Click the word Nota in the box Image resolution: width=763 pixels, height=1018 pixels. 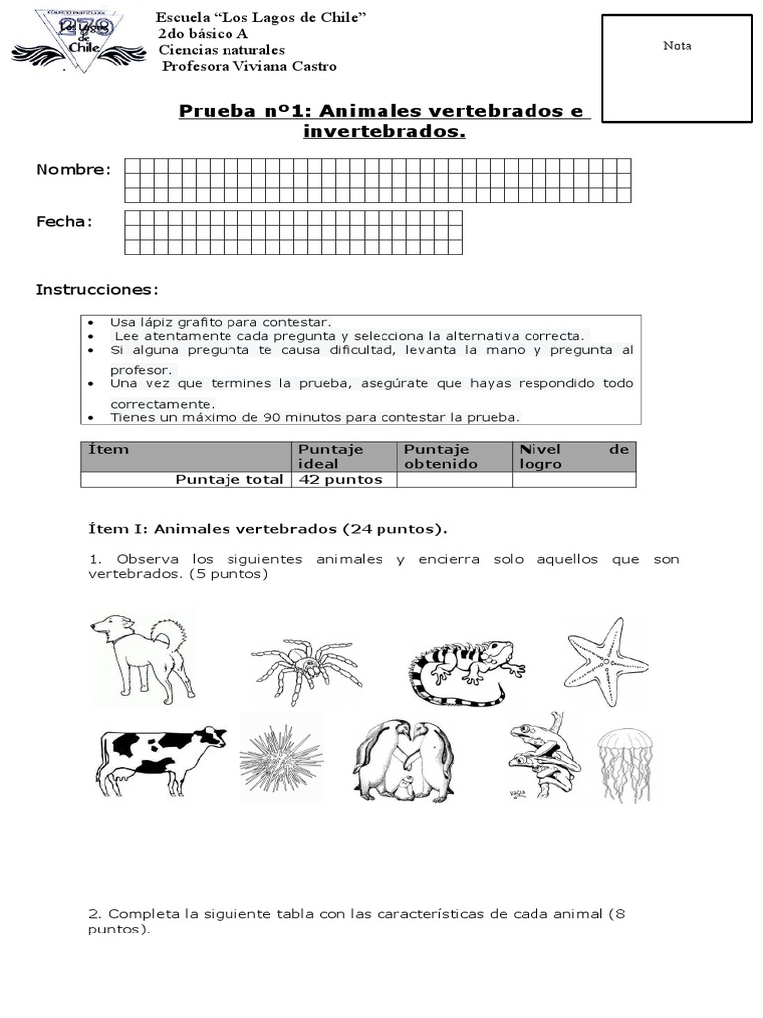678,46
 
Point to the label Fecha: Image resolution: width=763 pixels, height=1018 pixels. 65,221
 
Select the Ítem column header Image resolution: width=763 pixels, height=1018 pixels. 108,450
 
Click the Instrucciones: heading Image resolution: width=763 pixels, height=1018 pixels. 97,289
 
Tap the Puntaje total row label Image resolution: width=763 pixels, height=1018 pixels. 229,479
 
